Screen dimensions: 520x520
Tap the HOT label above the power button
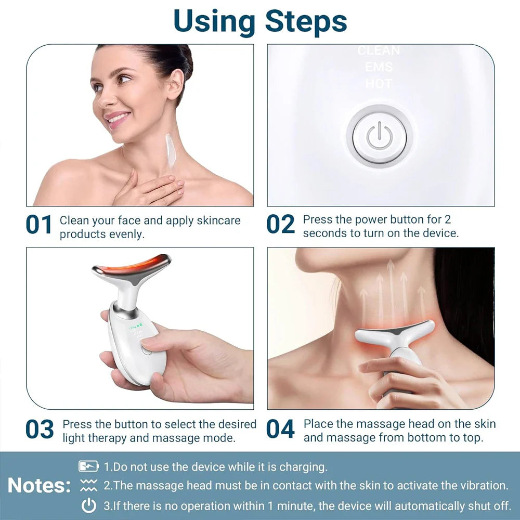(379, 83)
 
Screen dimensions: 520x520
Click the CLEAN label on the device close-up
(379, 51)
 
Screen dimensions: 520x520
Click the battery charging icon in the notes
(89, 466)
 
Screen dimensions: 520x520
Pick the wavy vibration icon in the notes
(89, 486)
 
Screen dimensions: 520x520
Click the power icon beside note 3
(89, 505)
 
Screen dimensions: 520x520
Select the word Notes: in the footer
(39, 486)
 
